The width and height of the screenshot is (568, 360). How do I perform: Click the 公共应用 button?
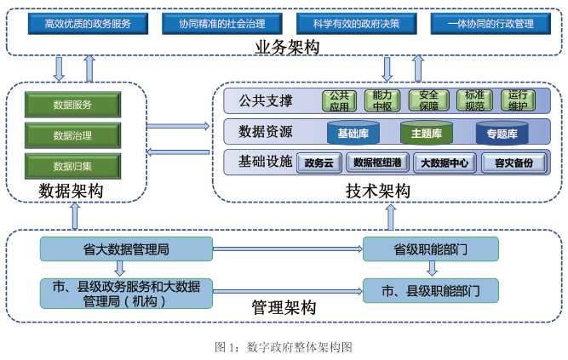[x=340, y=101]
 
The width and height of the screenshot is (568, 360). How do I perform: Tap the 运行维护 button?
[x=517, y=101]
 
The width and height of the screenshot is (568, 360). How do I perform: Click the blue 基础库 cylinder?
[x=353, y=133]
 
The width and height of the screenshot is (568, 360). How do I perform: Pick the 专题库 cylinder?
[x=502, y=133]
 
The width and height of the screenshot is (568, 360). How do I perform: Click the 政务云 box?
[x=319, y=163]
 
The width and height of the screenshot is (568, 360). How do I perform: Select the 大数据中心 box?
[x=445, y=163]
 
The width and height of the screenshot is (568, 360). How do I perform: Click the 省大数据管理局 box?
[x=126, y=249]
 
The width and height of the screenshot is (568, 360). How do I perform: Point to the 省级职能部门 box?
[x=430, y=249]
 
